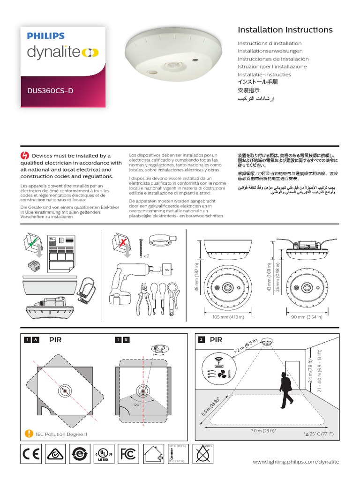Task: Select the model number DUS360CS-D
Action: [51, 91]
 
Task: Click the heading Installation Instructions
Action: [285, 30]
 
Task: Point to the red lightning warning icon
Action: [25, 156]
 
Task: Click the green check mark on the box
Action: [31, 243]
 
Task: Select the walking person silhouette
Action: [285, 392]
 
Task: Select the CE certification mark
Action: [31, 454]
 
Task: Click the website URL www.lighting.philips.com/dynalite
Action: [295, 462]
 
